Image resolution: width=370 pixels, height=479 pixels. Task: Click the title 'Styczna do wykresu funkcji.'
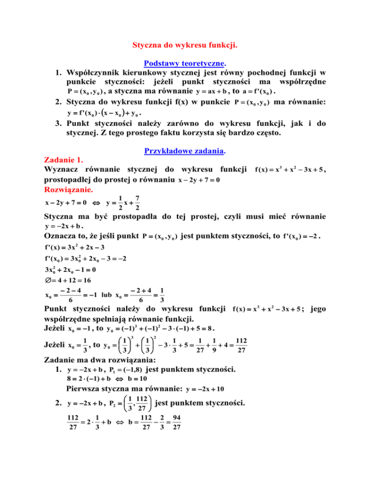coord(185,46)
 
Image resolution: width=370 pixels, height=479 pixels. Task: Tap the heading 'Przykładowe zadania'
coord(185,152)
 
